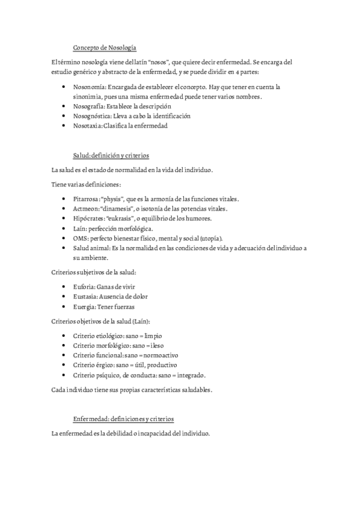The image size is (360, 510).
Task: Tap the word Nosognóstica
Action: coord(91,115)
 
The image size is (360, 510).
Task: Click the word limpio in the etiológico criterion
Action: coord(153,336)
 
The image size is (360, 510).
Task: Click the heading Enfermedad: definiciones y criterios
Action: coord(123,419)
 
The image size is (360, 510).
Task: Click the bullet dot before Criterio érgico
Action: coord(64,365)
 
